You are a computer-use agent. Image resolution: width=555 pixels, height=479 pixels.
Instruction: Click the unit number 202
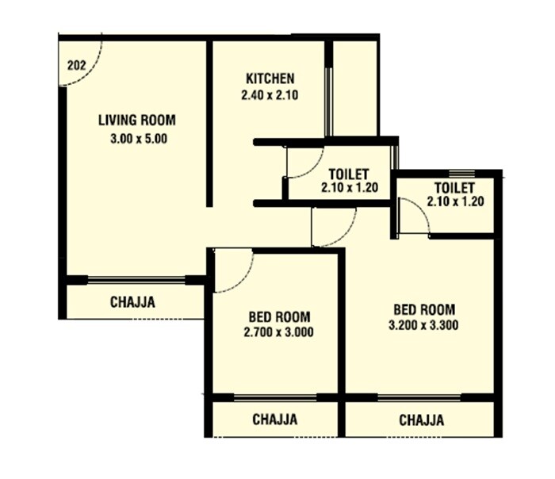tap(77, 66)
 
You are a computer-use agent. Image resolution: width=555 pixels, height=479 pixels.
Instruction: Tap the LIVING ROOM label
tap(136, 121)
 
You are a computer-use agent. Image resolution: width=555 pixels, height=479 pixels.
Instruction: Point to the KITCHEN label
tap(270, 79)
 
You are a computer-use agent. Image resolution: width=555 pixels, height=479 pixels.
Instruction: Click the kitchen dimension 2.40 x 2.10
tap(270, 94)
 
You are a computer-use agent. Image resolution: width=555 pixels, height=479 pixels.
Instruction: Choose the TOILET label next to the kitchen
tap(348, 174)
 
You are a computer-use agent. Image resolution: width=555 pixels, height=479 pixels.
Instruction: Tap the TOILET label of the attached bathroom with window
tap(454, 187)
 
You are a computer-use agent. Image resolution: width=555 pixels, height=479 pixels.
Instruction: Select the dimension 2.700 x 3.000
tap(277, 332)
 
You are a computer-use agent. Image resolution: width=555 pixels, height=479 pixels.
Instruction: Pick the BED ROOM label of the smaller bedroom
tap(277, 316)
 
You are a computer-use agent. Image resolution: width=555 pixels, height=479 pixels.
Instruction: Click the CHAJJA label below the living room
tap(132, 302)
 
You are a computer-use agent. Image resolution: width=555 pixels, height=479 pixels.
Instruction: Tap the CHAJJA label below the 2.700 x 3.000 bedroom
tap(275, 420)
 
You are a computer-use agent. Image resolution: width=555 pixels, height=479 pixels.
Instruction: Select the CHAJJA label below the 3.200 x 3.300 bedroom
tap(421, 420)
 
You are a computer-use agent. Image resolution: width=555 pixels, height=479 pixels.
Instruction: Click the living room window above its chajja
tap(136, 279)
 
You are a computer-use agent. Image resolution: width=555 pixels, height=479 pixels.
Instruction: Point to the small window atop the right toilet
tap(461, 174)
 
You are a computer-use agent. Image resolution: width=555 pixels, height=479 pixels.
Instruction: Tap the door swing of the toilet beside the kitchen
tap(304, 171)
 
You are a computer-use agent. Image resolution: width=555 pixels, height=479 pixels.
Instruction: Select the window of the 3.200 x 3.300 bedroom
tap(420, 397)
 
